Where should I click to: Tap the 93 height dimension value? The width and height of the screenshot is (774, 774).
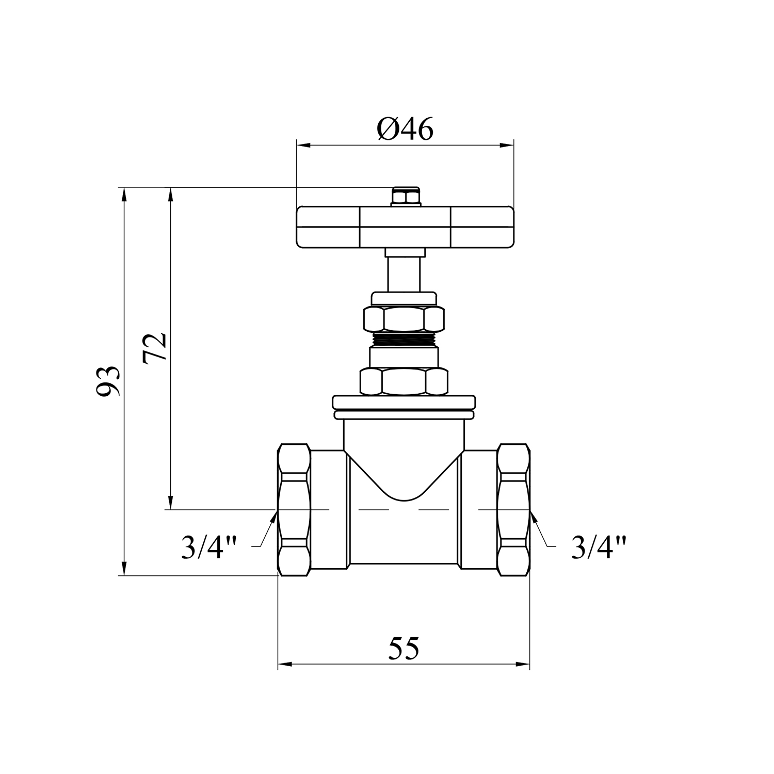(109, 381)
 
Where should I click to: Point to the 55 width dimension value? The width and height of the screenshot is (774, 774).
(404, 648)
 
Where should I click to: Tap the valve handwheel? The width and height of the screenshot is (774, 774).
(406, 227)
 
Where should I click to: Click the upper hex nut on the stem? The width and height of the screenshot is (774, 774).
(404, 319)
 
